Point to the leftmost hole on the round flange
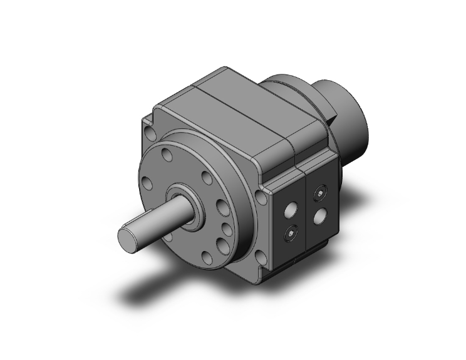[x=146, y=183]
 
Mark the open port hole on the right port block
[x=320, y=217]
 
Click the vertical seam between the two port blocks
[x=304, y=216]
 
